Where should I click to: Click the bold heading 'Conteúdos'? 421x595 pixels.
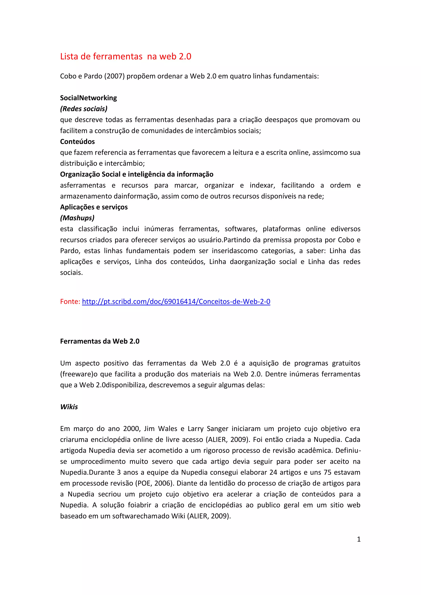click(x=77, y=141)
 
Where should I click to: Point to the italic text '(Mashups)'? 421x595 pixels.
click(x=77, y=218)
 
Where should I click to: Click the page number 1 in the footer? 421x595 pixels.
click(x=359, y=539)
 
